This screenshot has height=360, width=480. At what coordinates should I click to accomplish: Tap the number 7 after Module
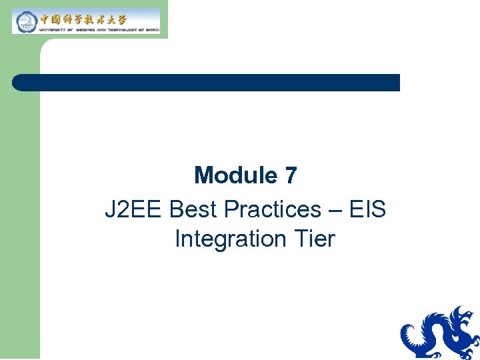pos(290,176)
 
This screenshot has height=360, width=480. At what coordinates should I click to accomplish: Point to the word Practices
pos(273,209)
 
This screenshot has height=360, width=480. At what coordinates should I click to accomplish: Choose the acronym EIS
pos(367,209)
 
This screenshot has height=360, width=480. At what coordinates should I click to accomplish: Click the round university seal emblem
pos(25,21)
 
